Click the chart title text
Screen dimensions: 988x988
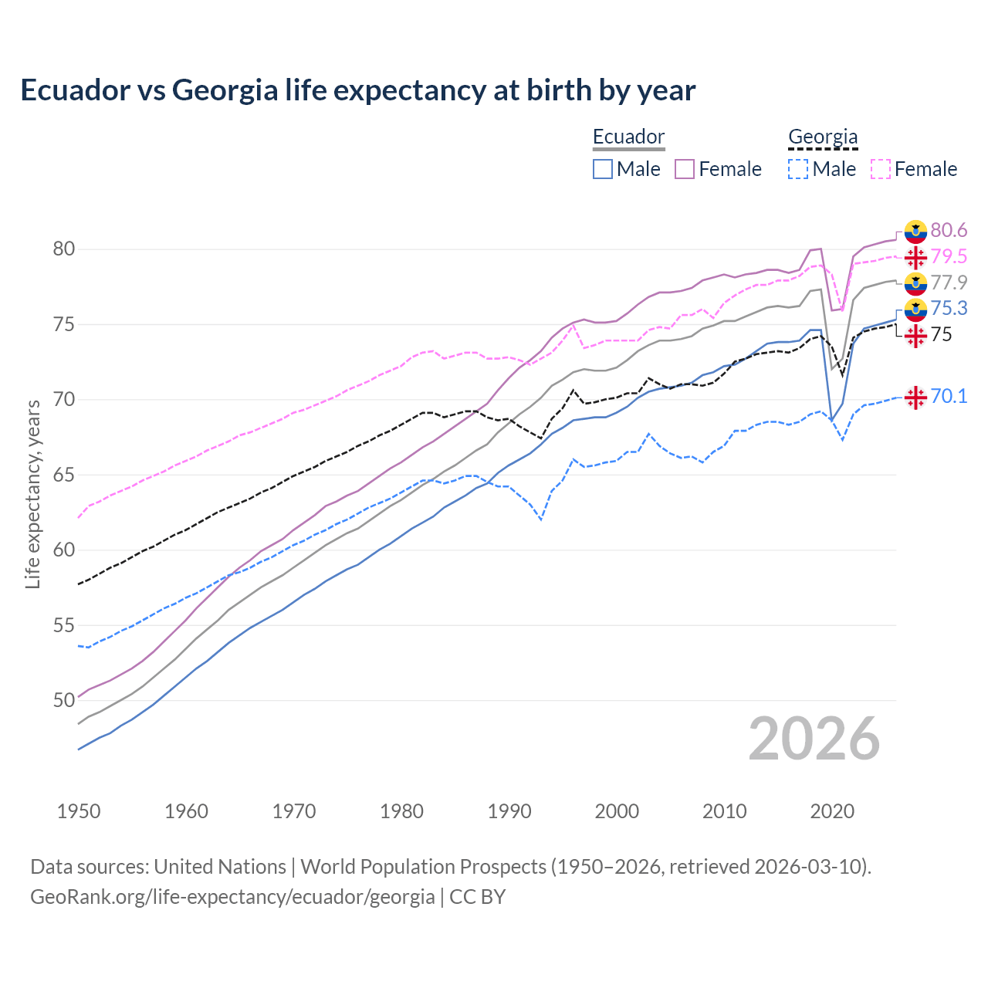point(357,90)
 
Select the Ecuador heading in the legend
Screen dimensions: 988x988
point(628,137)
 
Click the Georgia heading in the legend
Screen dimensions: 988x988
point(823,137)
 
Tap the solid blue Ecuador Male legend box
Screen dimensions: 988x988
point(603,169)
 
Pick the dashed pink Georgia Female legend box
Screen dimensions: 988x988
point(881,169)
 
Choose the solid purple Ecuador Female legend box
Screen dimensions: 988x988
point(685,169)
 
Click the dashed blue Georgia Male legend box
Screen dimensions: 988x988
point(798,169)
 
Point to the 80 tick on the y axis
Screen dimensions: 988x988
point(64,249)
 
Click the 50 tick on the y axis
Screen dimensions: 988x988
point(64,700)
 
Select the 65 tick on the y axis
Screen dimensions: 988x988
point(64,475)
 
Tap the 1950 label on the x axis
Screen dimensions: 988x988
point(79,811)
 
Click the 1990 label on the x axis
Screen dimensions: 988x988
point(509,811)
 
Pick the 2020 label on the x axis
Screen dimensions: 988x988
point(832,811)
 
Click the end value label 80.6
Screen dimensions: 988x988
point(949,230)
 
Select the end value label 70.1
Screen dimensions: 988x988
point(949,396)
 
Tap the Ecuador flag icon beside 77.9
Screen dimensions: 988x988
point(915,283)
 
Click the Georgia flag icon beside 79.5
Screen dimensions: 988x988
point(915,257)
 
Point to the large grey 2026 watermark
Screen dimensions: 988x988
point(814,739)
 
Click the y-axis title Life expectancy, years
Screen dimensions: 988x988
point(33,494)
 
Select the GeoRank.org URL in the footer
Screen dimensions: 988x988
point(232,897)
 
